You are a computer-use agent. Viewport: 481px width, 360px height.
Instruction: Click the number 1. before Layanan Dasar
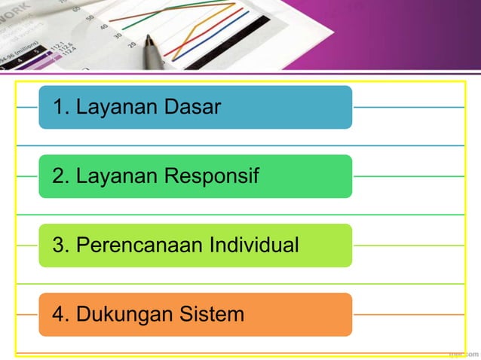(60, 107)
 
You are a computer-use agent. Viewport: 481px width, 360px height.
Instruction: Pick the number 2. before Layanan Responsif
(60, 176)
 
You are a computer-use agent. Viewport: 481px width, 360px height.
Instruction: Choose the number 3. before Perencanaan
(60, 246)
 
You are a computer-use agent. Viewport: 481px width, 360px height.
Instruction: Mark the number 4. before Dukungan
(60, 314)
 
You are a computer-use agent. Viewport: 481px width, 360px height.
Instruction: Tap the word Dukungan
(124, 314)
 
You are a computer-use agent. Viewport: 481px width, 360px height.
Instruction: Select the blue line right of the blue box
(407, 107)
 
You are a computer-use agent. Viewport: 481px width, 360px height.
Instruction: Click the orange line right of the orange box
(407, 314)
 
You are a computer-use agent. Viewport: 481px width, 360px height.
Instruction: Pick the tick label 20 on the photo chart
(131, 45)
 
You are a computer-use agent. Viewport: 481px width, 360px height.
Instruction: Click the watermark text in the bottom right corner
(463, 352)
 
